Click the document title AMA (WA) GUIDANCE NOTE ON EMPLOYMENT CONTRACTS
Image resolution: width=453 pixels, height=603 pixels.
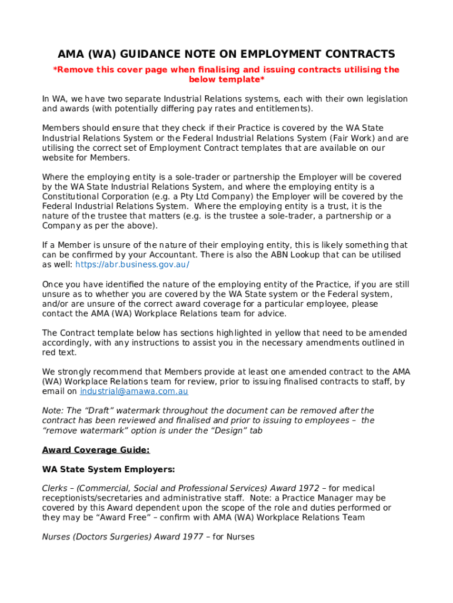tap(226, 54)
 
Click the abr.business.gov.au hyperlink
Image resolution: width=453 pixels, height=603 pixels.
tap(132, 264)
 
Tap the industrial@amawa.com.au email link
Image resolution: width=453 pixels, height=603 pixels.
tap(134, 391)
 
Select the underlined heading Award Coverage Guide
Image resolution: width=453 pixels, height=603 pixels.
tap(96, 450)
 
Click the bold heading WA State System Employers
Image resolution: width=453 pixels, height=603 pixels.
tap(108, 469)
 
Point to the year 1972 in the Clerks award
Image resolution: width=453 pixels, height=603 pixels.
tap(309, 488)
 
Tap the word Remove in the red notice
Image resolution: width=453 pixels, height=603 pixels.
tap(74, 69)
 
